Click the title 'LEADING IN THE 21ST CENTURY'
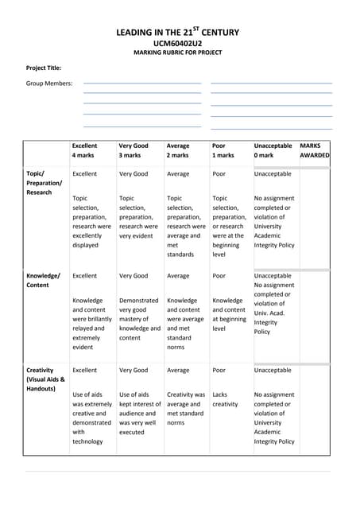click(177, 33)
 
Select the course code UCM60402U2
click(177, 43)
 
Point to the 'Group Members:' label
click(49, 83)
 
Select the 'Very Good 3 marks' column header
click(134, 150)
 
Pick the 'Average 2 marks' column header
click(179, 150)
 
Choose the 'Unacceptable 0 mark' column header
click(273, 150)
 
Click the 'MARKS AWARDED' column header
click(314, 150)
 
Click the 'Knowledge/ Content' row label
click(43, 280)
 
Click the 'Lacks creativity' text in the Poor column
click(226, 399)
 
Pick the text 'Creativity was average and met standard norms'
click(185, 409)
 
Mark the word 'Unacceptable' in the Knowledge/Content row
click(273, 276)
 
